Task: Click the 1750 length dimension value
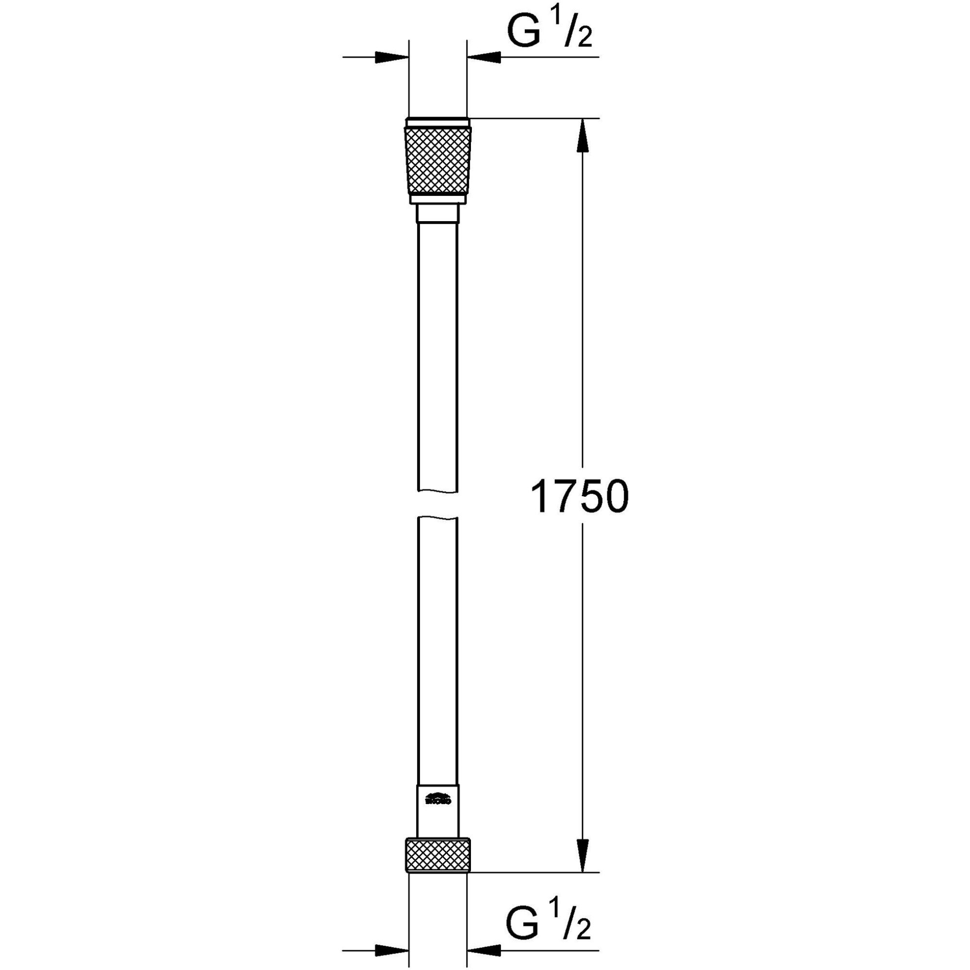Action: tap(580, 497)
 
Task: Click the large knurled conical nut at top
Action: tap(438, 161)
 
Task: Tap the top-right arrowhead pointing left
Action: tap(484, 57)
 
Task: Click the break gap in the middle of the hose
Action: tap(438, 503)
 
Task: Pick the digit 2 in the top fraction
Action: tap(584, 39)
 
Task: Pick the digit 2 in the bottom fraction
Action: tap(582, 925)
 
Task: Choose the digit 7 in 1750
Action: tap(566, 497)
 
